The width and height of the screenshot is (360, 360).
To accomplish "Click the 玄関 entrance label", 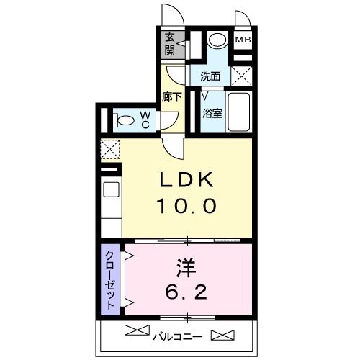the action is click(170, 45).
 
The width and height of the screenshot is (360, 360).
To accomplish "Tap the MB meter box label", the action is click(243, 40).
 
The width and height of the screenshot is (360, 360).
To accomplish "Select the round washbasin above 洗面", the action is click(217, 40).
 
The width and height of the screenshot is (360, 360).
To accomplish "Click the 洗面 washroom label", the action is click(210, 76).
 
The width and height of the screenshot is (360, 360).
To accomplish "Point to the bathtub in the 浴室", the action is click(239, 112).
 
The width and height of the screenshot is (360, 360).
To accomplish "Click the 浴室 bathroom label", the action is click(212, 113).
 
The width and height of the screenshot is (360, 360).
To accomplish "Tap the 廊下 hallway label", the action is click(171, 96).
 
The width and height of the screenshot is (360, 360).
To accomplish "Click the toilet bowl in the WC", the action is click(124, 120).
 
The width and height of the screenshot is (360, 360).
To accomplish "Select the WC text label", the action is click(145, 120).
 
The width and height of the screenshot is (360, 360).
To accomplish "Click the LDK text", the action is click(186, 179).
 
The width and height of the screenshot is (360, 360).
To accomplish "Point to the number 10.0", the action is click(186, 206).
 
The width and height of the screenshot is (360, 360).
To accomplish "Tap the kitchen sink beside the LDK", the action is click(111, 189).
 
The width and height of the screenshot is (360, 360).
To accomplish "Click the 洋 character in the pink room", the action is click(186, 268).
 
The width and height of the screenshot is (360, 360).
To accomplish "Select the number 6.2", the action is click(186, 292).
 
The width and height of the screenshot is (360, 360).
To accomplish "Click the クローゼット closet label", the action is click(110, 280).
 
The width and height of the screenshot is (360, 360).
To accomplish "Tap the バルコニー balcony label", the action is click(178, 337).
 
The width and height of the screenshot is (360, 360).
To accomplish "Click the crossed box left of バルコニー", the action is click(138, 330).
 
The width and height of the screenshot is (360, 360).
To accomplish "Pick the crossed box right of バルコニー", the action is click(222, 335).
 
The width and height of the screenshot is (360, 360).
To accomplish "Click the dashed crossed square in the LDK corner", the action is click(110, 149).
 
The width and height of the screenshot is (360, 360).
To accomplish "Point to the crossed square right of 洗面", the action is click(242, 76).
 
